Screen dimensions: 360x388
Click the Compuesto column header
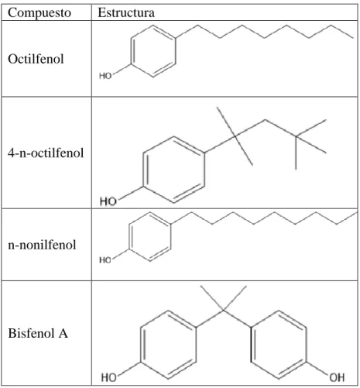(x=39, y=13)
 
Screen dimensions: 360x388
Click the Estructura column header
(x=126, y=12)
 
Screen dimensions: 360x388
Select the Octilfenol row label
(x=36, y=59)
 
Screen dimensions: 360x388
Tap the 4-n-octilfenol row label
(x=46, y=153)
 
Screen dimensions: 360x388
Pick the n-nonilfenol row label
(x=42, y=245)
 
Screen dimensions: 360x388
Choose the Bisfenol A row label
(x=38, y=333)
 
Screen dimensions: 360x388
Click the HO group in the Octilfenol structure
(x=105, y=76)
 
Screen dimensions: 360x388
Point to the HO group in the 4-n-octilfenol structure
(x=108, y=201)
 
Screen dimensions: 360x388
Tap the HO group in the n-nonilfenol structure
(x=105, y=259)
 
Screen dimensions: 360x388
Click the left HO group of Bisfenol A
(x=109, y=378)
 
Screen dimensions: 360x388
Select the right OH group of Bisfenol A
(x=337, y=378)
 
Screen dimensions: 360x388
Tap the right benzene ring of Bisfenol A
(x=251, y=345)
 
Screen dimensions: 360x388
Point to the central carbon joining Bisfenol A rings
(x=224, y=311)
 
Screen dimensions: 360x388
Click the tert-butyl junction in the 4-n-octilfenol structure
(x=296, y=136)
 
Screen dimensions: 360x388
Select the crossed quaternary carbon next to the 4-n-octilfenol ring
(x=235, y=136)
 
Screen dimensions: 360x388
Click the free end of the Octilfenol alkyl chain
(x=353, y=38)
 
